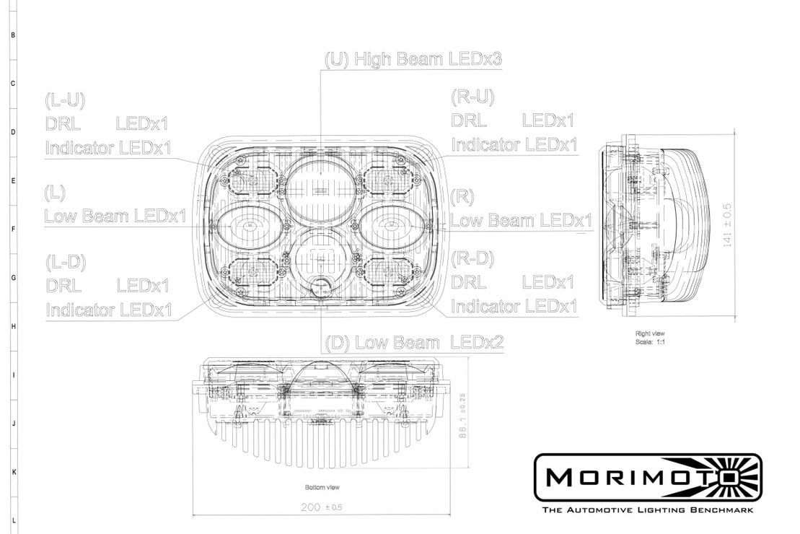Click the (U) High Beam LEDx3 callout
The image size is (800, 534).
(413, 59)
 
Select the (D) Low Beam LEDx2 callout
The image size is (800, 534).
(414, 341)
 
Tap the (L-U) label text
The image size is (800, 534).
(65, 100)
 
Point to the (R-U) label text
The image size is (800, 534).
(472, 97)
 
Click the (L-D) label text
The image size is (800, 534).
(66, 261)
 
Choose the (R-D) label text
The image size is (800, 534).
(472, 258)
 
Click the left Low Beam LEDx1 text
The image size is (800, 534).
(115, 216)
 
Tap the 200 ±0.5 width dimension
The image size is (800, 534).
(321, 507)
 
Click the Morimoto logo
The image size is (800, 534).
(647, 478)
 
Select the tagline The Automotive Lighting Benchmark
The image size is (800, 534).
(647, 510)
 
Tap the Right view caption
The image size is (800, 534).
(650, 333)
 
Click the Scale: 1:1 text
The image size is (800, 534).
(650, 341)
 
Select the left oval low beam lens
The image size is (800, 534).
(246, 226)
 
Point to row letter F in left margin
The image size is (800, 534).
(13, 229)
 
